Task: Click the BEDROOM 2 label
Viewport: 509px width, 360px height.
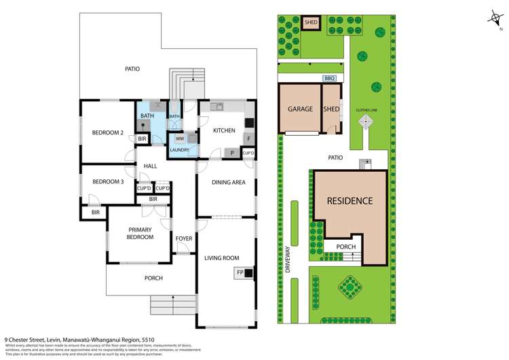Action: coord(107,133)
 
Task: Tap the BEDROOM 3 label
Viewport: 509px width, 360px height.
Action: coord(107,182)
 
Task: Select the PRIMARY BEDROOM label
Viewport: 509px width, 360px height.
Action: coord(140,234)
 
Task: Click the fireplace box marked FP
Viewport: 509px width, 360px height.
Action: coord(240,273)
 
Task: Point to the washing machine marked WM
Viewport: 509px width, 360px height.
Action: coord(180,139)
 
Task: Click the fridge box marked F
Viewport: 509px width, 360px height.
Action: coord(249,139)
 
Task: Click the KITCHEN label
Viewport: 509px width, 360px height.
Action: coord(224,130)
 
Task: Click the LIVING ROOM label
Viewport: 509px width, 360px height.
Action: coord(222,257)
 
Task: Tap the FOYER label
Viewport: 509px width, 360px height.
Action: coord(184,239)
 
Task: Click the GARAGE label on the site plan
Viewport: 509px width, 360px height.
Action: coord(299,109)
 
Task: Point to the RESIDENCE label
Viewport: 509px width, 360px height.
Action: coord(350,201)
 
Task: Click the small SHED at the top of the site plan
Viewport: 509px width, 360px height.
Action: coord(311,22)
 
